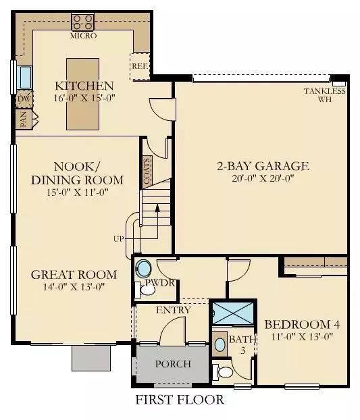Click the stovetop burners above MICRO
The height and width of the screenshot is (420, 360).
click(83, 22)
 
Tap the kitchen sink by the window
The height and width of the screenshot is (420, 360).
click(24, 77)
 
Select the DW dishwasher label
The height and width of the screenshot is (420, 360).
click(24, 99)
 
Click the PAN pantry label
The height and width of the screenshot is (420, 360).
click(24, 120)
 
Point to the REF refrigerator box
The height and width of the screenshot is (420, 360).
click(140, 66)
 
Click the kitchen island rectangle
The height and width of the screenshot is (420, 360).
click(83, 94)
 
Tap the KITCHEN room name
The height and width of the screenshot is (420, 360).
click(84, 86)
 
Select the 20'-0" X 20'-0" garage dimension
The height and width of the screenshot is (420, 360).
click(263, 178)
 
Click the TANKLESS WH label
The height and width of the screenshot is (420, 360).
click(325, 95)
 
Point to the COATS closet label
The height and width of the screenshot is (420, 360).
click(147, 171)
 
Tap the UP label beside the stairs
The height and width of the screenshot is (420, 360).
click(119, 238)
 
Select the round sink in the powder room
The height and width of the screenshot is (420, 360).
click(143, 268)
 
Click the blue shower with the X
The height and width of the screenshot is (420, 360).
click(233, 313)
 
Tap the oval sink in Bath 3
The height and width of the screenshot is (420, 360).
click(220, 344)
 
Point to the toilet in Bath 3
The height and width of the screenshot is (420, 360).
click(223, 372)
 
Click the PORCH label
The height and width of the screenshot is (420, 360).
click(173, 364)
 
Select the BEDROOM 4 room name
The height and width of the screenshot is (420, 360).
click(302, 325)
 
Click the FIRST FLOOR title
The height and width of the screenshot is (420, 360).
click(180, 400)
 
